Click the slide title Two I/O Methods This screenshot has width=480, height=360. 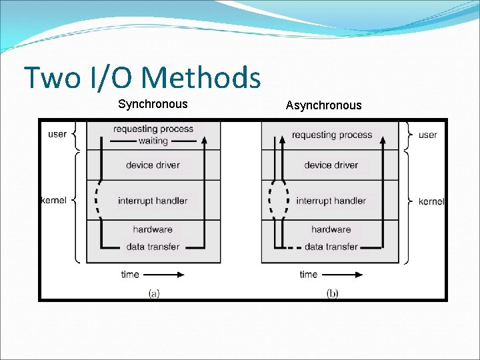[142, 78]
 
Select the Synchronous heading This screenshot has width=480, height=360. [153, 104]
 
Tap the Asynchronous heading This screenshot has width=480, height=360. [323, 105]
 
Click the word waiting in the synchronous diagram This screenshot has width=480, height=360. [153, 141]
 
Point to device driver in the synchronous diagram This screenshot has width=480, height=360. [153, 165]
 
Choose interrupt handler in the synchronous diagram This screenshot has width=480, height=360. [153, 201]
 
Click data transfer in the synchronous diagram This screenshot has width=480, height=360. [153, 247]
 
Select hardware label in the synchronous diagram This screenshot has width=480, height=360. [153, 229]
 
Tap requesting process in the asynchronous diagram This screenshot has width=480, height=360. [331, 135]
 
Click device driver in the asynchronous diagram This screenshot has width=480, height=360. [331, 165]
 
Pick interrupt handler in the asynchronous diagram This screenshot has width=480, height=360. [331, 201]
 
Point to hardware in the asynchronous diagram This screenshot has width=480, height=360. [331, 229]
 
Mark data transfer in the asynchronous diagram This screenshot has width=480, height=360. [331, 247]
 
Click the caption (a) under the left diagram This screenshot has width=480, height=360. [153, 293]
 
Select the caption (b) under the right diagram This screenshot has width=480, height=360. [331, 293]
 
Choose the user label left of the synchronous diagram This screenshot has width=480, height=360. [57, 134]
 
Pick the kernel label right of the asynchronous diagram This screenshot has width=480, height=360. [431, 201]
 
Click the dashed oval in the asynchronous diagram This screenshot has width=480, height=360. [279, 200]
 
